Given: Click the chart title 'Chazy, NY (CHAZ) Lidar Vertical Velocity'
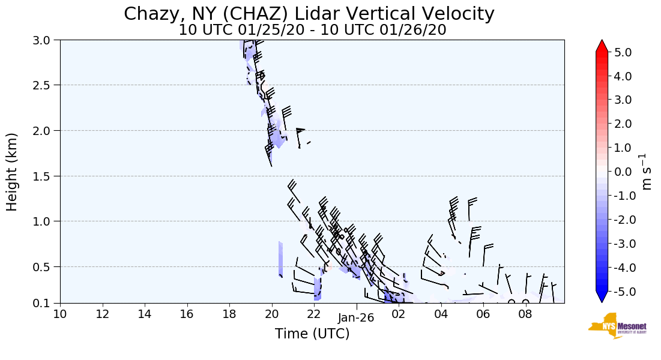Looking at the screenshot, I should coord(309,14).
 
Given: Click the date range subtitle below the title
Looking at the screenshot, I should coord(312,30).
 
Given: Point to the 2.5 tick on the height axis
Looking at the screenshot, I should coord(45,85).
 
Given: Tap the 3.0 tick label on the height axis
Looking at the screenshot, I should coord(45,40).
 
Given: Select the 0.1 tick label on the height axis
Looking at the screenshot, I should coord(45,303).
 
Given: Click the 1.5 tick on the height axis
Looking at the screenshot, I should coord(45,176).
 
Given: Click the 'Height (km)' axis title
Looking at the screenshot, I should coord(13,172).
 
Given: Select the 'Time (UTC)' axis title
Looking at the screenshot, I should coord(312,334).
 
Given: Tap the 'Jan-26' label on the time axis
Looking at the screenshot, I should coord(357,318).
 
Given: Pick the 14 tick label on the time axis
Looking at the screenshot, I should coord(145,313).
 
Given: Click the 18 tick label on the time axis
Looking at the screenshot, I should coord(229,313).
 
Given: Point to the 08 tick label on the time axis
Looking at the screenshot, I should coord(526,313).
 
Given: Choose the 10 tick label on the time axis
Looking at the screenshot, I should coord(60,313).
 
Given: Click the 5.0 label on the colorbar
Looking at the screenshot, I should coord(623,52).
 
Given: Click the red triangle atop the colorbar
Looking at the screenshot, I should coord(602,46).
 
